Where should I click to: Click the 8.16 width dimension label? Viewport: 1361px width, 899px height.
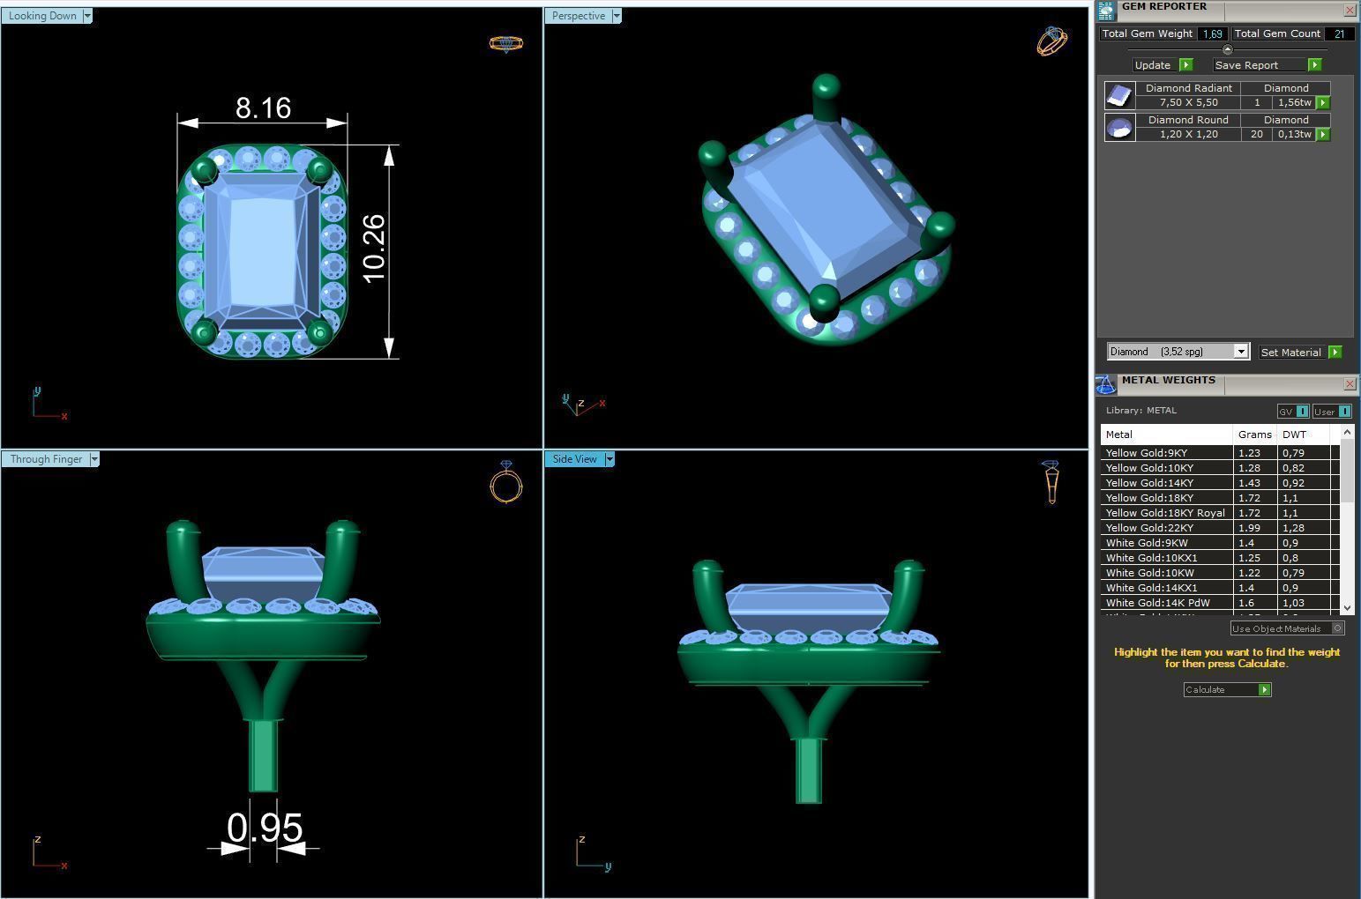(x=263, y=108)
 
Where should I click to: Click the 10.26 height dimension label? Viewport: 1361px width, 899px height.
(x=374, y=249)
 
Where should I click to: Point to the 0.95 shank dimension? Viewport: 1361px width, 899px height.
(x=265, y=828)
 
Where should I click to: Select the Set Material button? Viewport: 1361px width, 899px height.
(x=1290, y=353)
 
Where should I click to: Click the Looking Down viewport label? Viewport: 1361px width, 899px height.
(x=43, y=16)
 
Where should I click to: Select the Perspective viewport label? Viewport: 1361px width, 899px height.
(x=579, y=16)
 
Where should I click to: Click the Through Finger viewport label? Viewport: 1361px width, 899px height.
(x=47, y=459)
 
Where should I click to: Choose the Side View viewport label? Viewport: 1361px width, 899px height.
(x=575, y=459)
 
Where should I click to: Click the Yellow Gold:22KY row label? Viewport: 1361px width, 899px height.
(x=1149, y=528)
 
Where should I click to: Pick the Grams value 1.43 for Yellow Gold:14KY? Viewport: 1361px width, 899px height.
(x=1250, y=483)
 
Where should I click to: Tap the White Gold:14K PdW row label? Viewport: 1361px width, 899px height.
(x=1157, y=603)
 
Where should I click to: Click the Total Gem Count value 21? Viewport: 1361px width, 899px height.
(x=1339, y=33)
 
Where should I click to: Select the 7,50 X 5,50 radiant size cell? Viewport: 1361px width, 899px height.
(x=1188, y=102)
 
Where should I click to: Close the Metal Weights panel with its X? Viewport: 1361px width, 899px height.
(x=1350, y=383)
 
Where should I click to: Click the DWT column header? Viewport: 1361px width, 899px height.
(x=1294, y=435)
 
